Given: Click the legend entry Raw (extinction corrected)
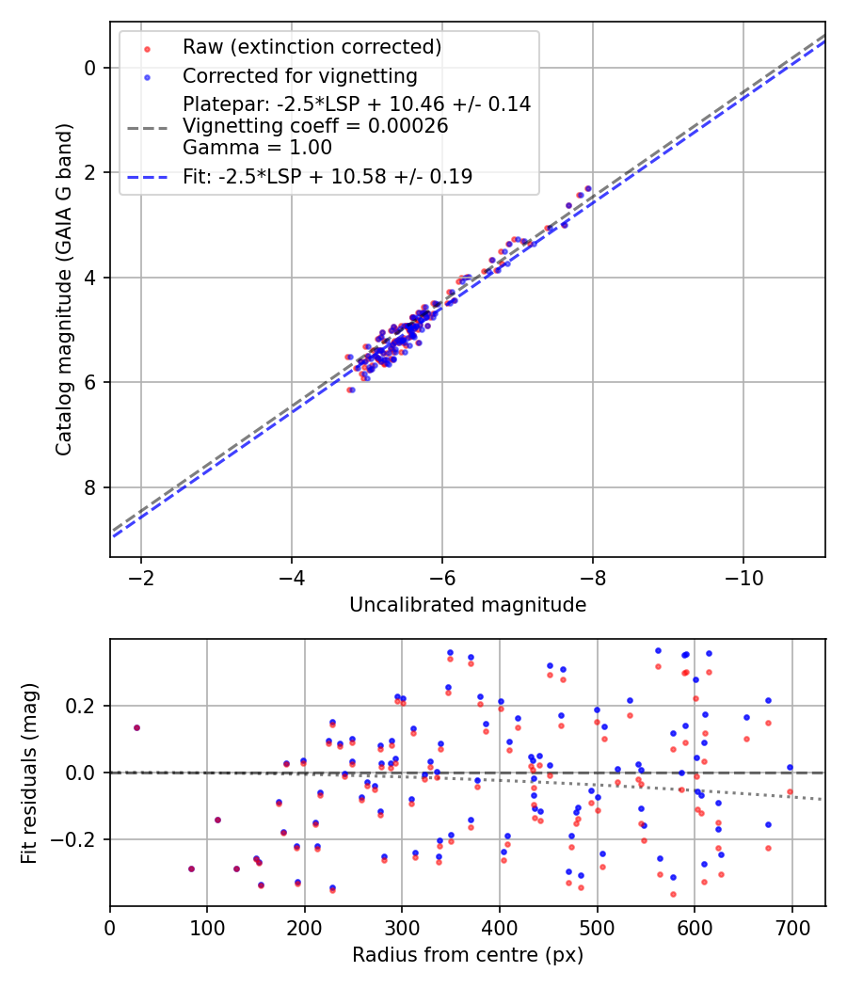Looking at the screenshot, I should [x=312, y=47].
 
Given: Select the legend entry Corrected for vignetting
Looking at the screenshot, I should [x=299, y=75].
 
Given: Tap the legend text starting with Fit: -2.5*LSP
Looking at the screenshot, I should [x=328, y=176].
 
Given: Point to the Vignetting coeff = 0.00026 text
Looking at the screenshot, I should [x=315, y=126].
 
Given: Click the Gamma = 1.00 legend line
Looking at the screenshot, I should [x=257, y=147].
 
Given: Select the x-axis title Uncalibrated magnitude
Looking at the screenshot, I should [x=468, y=605].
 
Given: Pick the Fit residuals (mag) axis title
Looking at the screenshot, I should [x=29, y=773].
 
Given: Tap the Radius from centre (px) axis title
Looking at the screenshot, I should [x=468, y=955].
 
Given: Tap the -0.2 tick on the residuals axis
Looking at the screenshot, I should [x=78, y=839].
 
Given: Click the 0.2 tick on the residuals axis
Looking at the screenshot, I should [x=84, y=706].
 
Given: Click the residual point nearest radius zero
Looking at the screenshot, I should [x=136, y=727].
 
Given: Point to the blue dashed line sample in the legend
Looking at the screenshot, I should [x=146, y=176].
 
